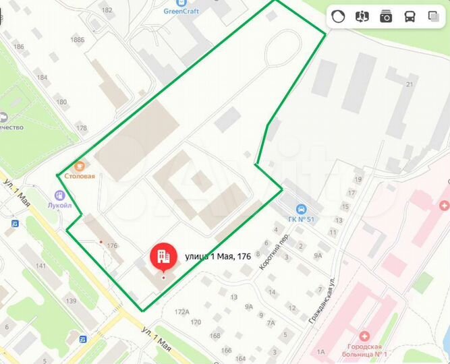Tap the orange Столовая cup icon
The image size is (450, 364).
(79, 164)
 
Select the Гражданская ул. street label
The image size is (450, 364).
(322, 300)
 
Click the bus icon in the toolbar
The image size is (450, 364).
(410, 17)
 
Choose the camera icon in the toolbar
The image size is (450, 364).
(386, 17)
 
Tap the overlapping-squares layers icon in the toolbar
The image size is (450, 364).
(433, 17)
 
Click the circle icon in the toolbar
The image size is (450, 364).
(339, 17)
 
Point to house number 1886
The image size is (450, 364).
(78, 40)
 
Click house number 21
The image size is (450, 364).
(409, 84)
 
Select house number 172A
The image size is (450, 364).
(181, 312)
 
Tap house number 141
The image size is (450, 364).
(40, 266)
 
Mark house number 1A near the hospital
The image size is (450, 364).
(321, 351)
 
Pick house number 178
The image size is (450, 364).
(82, 127)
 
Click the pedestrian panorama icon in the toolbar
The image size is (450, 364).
(362, 17)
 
